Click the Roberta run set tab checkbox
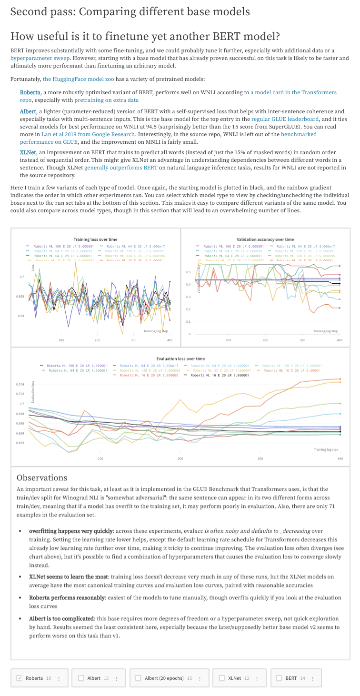[x=19, y=678]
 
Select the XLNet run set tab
[x=234, y=678]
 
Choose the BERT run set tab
[x=291, y=678]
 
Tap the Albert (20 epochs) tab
[x=164, y=678]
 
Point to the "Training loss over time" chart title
[x=95, y=239]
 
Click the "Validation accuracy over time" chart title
[x=265, y=239]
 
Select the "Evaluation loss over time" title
[x=180, y=358]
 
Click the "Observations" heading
[x=42, y=477]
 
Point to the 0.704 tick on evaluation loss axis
[x=20, y=384]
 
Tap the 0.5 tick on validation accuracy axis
[x=188, y=272]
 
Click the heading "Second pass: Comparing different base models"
[x=130, y=11]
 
